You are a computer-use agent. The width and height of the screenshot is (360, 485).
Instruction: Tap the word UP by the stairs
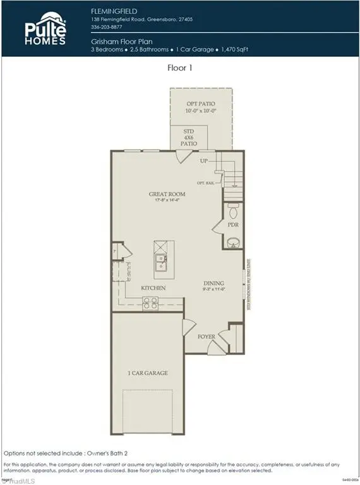coord(204,162)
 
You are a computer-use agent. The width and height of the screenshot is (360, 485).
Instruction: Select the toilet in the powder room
coord(232,208)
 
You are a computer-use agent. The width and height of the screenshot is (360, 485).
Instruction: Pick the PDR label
coord(233,224)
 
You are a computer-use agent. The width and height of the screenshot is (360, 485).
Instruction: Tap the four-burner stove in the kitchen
coord(150,304)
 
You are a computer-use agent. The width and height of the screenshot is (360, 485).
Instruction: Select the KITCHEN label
coord(153,288)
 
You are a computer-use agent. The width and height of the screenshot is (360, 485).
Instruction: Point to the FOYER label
coord(207,337)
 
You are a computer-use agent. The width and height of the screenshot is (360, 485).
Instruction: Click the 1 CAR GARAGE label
coord(147,373)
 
